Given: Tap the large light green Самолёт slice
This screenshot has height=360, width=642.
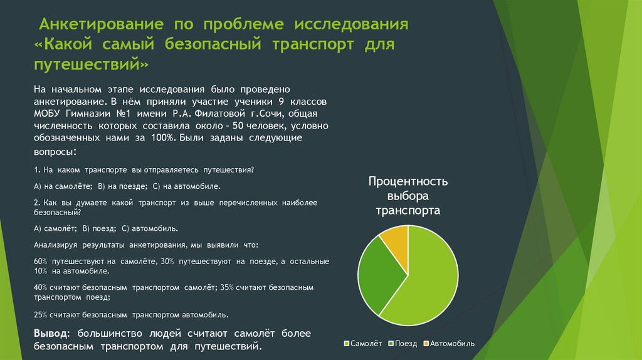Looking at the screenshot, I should (x=433, y=282).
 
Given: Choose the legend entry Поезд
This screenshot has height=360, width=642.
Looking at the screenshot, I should (x=405, y=343).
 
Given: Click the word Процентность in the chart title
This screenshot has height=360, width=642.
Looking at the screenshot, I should (x=408, y=182).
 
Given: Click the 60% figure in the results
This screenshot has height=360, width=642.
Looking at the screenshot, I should (x=41, y=261).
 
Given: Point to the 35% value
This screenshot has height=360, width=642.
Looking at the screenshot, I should (x=227, y=287).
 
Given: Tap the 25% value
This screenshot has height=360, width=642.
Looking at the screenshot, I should (x=41, y=314).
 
